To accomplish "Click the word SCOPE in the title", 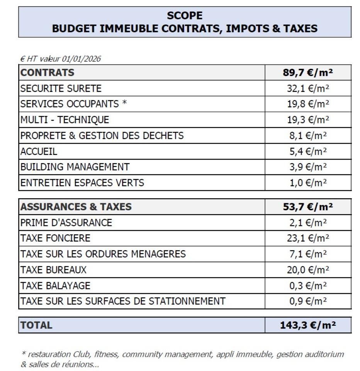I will (x=184, y=15).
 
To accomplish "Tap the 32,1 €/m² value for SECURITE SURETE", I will (x=308, y=88).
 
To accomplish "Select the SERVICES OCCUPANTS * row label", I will (x=73, y=104).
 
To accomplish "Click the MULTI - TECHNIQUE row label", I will (x=65, y=120).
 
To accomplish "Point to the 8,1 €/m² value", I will (x=308, y=136).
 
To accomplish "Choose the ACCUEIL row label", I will (x=39, y=151).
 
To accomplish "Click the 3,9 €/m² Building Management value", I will (x=308, y=167).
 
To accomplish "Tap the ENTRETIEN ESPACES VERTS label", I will (x=82, y=183).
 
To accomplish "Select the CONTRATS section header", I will (x=48, y=72).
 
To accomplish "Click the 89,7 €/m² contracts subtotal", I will (x=308, y=72).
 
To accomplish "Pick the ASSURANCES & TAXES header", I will (x=76, y=207).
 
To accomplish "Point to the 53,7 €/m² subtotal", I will (x=308, y=207).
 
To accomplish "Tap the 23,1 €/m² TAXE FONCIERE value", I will (x=308, y=238).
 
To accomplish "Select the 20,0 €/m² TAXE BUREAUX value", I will (x=308, y=269).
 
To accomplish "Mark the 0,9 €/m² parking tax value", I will (x=308, y=301).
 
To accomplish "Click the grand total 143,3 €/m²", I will (x=308, y=325).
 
